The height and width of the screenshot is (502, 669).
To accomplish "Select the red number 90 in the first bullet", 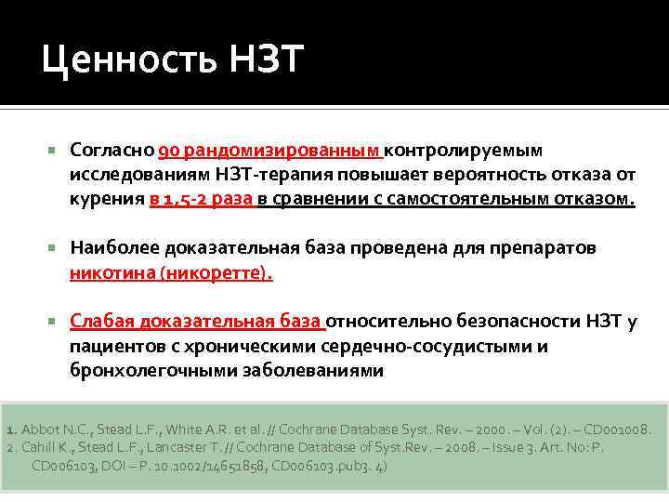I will point(168,151).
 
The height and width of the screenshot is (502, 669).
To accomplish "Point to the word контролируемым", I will point(464,151).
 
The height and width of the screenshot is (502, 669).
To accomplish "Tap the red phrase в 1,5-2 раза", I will point(202,199).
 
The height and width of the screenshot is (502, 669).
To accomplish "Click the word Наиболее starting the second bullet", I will point(114,248).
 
